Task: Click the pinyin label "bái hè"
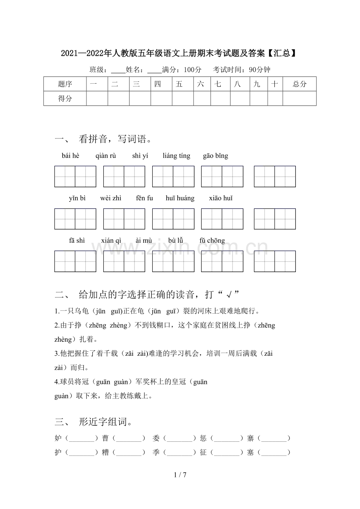click(70, 156)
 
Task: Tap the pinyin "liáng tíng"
click(176, 156)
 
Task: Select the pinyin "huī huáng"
click(180, 198)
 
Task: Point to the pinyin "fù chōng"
click(212, 241)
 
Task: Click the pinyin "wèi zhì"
click(111, 198)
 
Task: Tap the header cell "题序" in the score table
click(65, 84)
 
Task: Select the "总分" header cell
click(299, 84)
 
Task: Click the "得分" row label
click(65, 99)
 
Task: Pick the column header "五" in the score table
click(179, 84)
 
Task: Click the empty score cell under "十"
click(275, 99)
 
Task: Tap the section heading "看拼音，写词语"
click(115, 139)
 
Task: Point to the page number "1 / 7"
click(180, 475)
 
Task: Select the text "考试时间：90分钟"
click(241, 70)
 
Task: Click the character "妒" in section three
click(58, 438)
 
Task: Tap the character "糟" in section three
click(106, 452)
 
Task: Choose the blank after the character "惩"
click(227, 438)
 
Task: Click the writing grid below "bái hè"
click(75, 177)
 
